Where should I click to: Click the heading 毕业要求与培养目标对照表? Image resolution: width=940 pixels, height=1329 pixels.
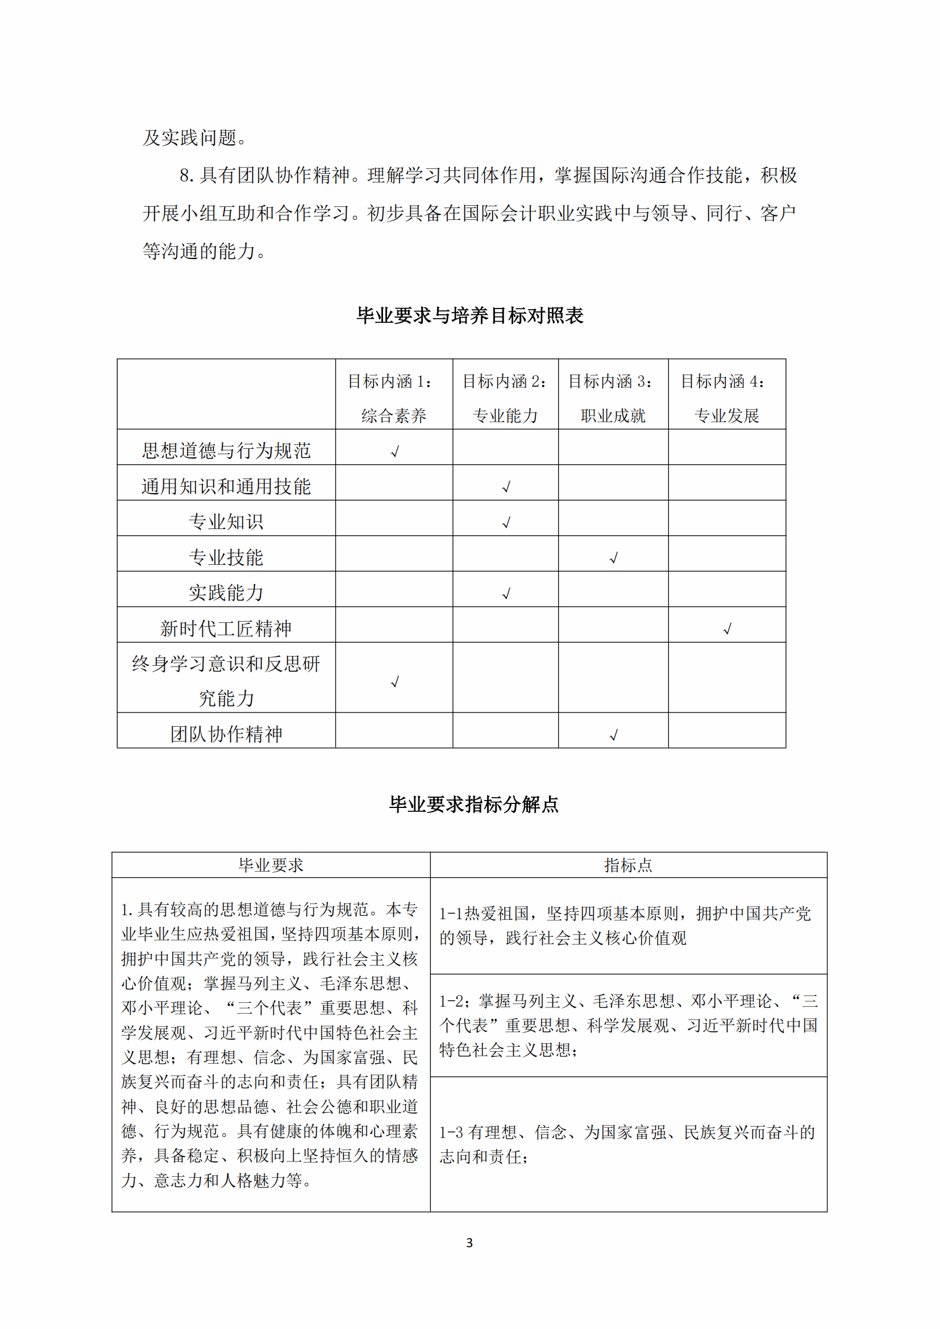(469, 315)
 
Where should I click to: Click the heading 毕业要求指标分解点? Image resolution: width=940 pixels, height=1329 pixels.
(473, 804)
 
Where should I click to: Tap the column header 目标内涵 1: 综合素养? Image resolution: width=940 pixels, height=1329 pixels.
(394, 398)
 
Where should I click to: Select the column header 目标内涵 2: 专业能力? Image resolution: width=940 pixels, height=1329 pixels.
(505, 398)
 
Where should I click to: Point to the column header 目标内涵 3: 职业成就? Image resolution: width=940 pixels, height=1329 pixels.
(613, 398)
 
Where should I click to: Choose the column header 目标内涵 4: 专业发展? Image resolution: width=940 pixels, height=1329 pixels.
(726, 398)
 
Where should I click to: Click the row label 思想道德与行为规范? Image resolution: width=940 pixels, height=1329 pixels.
(226, 451)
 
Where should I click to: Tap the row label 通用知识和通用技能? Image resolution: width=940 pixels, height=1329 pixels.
(226, 486)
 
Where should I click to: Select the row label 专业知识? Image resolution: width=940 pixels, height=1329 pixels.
(226, 522)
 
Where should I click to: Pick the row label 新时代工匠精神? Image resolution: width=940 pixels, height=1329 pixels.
(226, 628)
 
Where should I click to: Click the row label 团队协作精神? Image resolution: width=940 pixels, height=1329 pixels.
(226, 734)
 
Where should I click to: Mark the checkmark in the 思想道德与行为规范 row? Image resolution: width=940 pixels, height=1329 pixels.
(395, 452)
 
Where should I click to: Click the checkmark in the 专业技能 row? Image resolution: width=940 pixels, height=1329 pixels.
(614, 558)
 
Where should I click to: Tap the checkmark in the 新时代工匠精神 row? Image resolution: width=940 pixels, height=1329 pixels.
(727, 628)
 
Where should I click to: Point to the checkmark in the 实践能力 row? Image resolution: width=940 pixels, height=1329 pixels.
(506, 594)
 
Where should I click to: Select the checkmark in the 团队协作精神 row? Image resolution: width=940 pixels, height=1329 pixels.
(614, 735)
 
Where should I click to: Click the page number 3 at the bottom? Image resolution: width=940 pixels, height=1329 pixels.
(469, 1243)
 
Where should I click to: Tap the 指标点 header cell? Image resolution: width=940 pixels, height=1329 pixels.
(628, 865)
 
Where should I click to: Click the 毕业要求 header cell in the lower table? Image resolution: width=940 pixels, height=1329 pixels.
(271, 865)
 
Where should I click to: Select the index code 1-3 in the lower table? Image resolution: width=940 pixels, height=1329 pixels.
(451, 1132)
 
